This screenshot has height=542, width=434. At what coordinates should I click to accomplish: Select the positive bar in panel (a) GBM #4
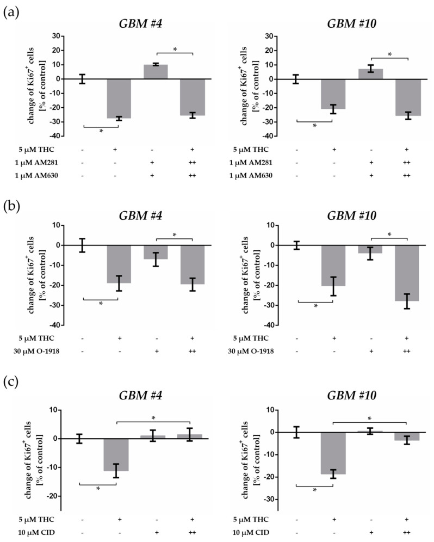coord(156,72)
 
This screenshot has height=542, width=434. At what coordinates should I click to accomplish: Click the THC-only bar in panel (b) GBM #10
coord(333,265)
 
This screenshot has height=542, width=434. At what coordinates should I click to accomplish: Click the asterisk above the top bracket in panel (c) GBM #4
coord(153,418)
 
